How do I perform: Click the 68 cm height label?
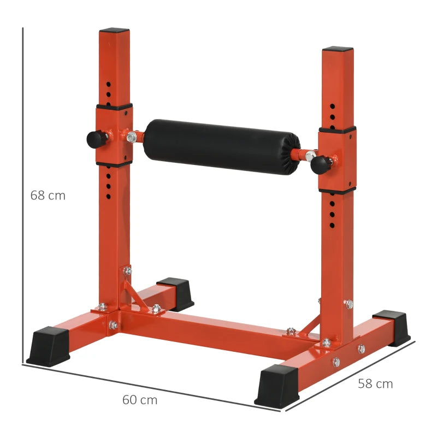(x=48, y=195)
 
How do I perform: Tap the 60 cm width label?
(x=139, y=400)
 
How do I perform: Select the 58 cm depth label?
(x=375, y=383)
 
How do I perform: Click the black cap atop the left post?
(x=114, y=31)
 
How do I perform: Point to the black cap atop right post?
(x=338, y=49)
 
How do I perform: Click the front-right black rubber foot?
(x=277, y=386)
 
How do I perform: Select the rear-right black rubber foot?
(x=392, y=327)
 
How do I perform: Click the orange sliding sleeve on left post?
(x=114, y=134)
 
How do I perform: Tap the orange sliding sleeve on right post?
(x=338, y=160)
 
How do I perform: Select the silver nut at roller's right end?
(x=310, y=157)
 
